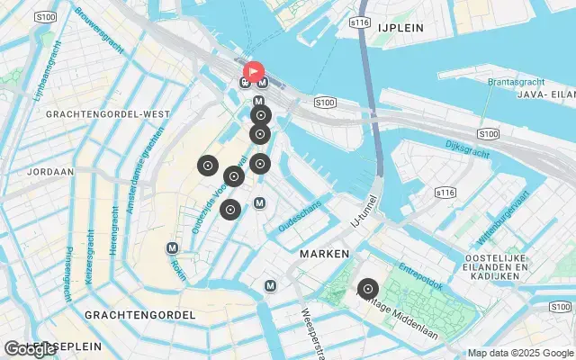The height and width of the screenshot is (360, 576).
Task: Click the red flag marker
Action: click(254, 70)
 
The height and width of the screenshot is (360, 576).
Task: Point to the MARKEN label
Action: click(324, 255)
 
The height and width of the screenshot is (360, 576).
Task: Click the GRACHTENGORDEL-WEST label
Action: click(107, 114)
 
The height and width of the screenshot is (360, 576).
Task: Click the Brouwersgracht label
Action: click(100, 28)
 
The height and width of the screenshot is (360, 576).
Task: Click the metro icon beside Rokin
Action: click(172, 247)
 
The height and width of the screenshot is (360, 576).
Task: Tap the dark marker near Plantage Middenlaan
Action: click(367, 289)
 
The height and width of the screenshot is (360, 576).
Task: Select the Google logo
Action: click(30, 349)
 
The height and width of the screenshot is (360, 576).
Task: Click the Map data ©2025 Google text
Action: click(519, 353)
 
